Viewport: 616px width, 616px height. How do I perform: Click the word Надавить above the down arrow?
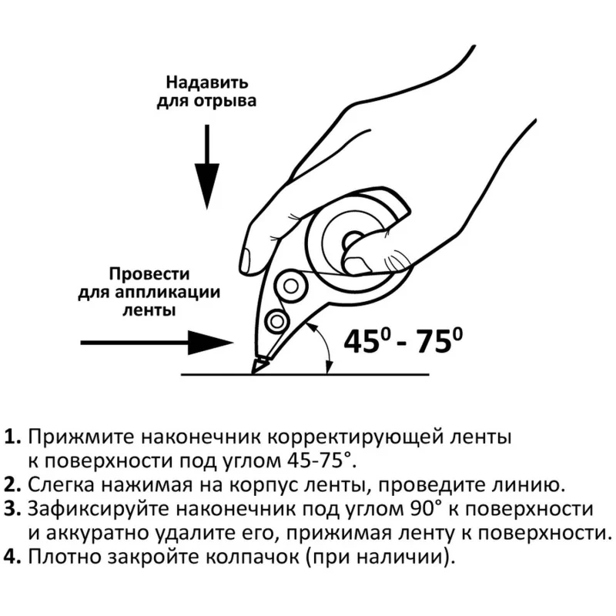coord(206,83)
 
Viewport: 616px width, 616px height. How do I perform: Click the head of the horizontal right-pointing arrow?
coord(211,343)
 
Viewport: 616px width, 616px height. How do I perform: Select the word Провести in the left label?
coord(149,274)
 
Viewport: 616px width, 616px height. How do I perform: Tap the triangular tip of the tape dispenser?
coord(259,364)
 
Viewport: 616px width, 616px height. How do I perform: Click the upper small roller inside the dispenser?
coord(291,286)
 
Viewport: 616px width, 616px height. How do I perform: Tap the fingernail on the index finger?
coord(246,259)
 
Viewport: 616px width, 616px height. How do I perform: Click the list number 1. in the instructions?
coord(12,437)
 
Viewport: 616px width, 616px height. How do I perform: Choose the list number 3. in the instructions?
coord(12,509)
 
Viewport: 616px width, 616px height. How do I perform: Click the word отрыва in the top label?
coord(225,101)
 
